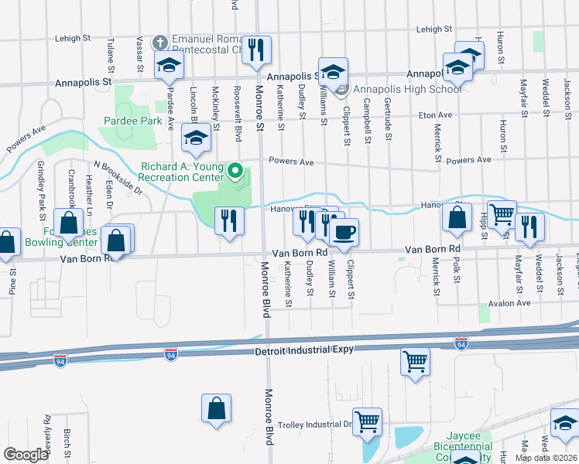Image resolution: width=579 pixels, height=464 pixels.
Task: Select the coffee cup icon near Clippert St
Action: [x=344, y=230]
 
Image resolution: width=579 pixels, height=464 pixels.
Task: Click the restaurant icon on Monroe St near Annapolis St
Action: [x=257, y=49]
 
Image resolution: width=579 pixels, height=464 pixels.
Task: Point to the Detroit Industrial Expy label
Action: [x=304, y=350]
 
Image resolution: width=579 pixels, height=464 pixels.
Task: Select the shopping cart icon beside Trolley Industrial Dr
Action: [x=367, y=421]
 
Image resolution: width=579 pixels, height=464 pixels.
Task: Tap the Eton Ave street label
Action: [x=435, y=115]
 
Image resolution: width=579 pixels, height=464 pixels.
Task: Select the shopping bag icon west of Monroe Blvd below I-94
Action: [x=217, y=408]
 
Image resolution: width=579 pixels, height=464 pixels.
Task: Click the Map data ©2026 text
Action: [x=546, y=458]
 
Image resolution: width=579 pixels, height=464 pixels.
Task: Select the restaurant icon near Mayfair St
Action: [x=529, y=226]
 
